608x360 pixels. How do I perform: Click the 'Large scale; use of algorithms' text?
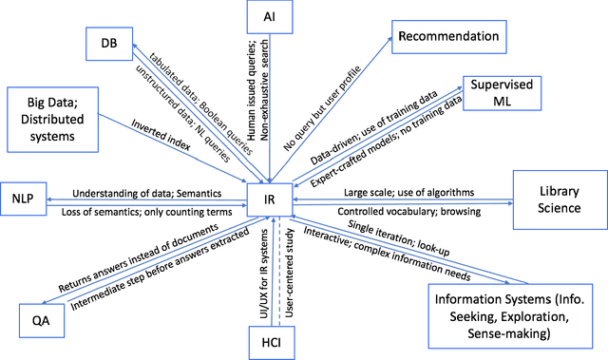410,193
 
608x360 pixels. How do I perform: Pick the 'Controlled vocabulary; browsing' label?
410,211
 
